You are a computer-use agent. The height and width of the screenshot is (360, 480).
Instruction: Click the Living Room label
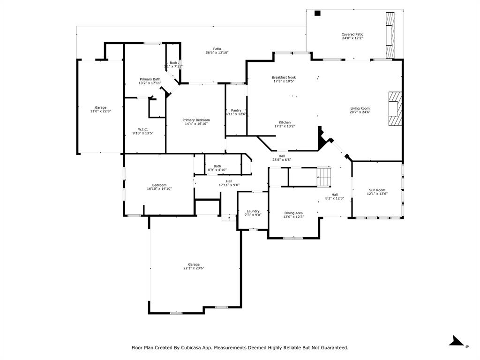(x=360, y=108)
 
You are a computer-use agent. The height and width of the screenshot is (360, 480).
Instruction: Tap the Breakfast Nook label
(x=284, y=77)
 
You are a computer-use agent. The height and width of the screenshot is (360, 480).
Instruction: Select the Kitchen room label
(x=285, y=122)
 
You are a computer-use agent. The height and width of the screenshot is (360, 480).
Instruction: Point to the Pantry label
(x=236, y=111)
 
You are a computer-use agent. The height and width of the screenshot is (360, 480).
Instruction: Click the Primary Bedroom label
(x=196, y=120)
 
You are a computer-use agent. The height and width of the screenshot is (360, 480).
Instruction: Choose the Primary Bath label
(x=150, y=79)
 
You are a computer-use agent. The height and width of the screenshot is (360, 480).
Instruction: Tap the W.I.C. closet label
(x=143, y=129)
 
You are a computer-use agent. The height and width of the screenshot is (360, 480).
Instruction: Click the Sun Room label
(x=377, y=190)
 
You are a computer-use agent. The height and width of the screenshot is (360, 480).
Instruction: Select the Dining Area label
(x=293, y=213)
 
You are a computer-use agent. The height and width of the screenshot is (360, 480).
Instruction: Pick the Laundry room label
(x=253, y=211)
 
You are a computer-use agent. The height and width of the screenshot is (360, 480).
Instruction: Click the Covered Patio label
(x=352, y=34)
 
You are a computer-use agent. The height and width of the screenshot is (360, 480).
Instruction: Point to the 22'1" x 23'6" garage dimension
(x=194, y=268)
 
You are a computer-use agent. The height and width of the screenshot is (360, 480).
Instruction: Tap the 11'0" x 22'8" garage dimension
(x=100, y=112)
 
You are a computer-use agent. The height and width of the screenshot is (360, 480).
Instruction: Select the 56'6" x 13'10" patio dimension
(x=217, y=52)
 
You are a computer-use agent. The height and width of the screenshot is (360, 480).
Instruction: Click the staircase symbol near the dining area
(x=324, y=178)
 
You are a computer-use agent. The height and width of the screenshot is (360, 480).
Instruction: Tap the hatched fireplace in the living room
(x=394, y=109)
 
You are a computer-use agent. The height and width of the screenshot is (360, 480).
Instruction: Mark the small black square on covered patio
(x=317, y=13)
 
